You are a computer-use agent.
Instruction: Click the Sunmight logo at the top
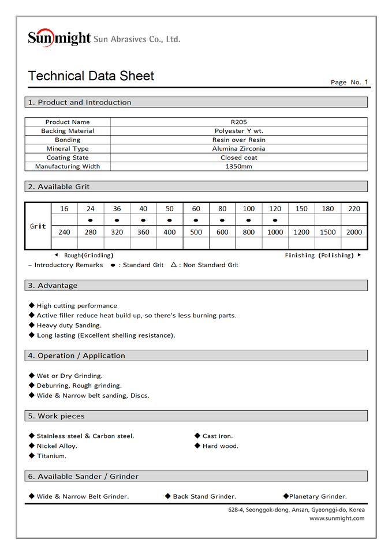(x=59, y=38)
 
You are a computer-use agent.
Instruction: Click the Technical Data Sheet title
(x=91, y=76)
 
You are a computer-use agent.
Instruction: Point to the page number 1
(x=366, y=82)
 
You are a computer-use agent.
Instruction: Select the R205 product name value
(x=238, y=122)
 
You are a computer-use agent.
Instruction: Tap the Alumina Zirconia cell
(x=238, y=149)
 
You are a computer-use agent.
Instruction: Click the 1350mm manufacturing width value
(x=238, y=167)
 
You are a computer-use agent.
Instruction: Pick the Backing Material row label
(x=68, y=131)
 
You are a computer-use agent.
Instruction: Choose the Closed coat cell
(x=238, y=158)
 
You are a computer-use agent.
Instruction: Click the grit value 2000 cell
(x=354, y=232)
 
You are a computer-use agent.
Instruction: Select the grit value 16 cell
(x=64, y=209)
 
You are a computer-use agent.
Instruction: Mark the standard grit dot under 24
(x=91, y=220)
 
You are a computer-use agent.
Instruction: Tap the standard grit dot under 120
(x=275, y=220)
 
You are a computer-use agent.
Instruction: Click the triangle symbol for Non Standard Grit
(x=174, y=265)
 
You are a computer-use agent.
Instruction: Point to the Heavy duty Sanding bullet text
(x=69, y=325)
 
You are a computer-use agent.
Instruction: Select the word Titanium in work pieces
(x=51, y=456)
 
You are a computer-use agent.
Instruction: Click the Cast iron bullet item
(x=218, y=436)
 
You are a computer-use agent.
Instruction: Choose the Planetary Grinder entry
(x=318, y=496)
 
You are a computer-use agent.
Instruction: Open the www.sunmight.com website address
(x=337, y=518)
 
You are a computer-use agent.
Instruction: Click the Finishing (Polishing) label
(x=318, y=255)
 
